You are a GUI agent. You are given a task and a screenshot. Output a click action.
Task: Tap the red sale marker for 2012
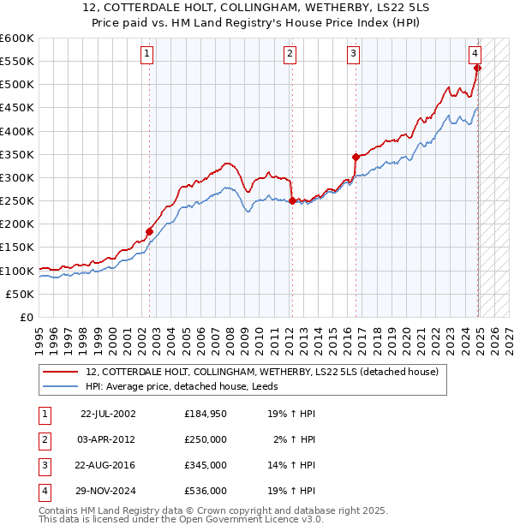pos(292,201)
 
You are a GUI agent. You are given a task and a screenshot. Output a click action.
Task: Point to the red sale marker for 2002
pos(149,231)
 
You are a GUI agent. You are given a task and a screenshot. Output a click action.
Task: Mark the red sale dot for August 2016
pos(355,157)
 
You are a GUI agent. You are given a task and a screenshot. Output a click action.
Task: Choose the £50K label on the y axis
pos(21,294)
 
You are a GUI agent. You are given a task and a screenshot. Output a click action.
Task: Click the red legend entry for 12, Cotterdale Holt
pos(262,372)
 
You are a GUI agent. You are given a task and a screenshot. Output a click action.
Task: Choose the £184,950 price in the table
pos(206,414)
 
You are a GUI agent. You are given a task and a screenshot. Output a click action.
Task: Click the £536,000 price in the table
pos(206,491)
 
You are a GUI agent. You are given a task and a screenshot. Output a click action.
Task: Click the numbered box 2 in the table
pos(43,439)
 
